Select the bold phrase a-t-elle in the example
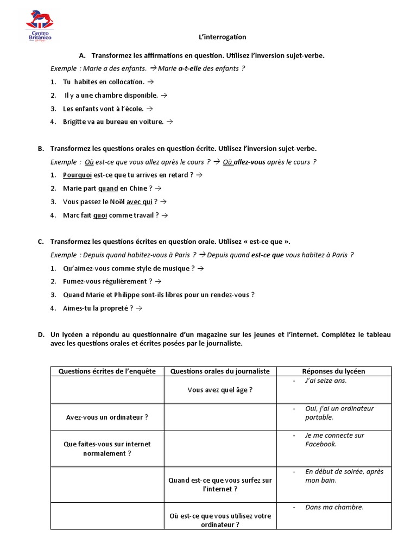pos(194,68)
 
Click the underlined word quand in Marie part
pos(108,188)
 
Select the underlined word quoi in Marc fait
pos(100,215)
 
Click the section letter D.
pos(41,334)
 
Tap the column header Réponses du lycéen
pos(333,371)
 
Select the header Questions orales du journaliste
pos(220,371)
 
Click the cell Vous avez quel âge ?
pos(220,390)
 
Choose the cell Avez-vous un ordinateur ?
pos(107,417)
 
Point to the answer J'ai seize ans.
pos(326,381)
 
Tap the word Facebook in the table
pos(321,444)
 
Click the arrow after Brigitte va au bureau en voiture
pos(169,122)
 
